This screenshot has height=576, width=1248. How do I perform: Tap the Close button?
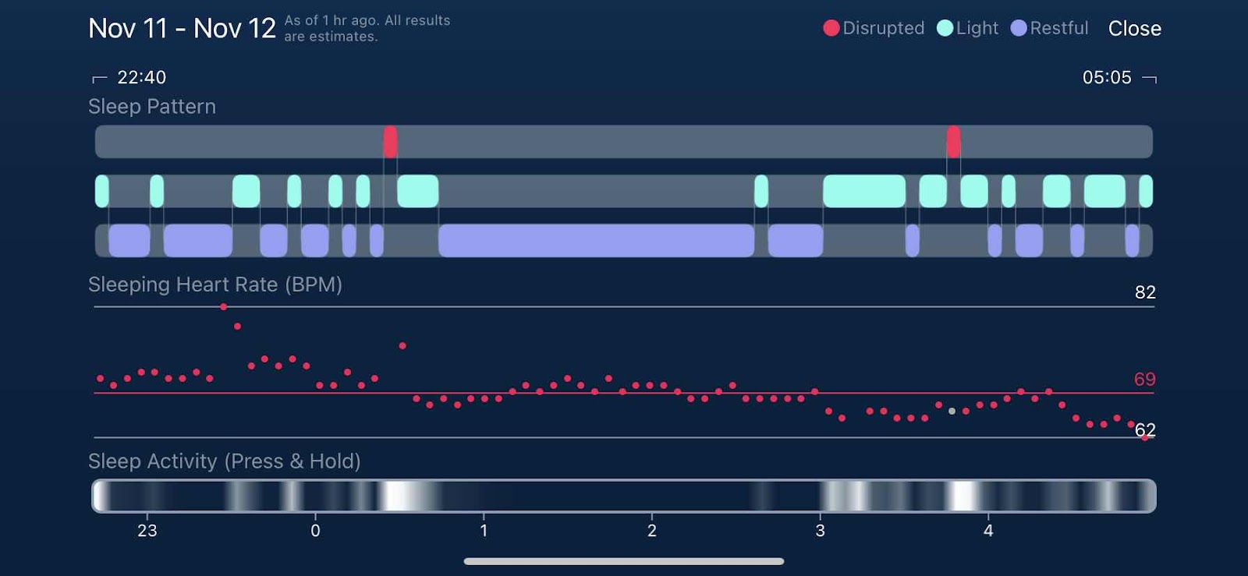(x=1134, y=29)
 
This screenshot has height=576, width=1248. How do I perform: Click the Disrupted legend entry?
(x=874, y=28)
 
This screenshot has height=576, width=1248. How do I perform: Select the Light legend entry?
(x=967, y=28)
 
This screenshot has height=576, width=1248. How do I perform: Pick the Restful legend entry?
(x=1049, y=28)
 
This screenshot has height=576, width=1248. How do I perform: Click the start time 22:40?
(x=141, y=77)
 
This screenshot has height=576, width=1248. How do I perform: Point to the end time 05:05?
(x=1106, y=77)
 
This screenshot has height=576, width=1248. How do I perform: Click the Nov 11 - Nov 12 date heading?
(x=182, y=29)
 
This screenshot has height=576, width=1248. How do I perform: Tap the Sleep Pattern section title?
(x=152, y=106)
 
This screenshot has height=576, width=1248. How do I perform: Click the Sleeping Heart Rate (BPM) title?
(x=215, y=284)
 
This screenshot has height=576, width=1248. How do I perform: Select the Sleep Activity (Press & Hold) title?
(x=225, y=461)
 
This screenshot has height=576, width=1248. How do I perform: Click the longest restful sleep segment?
(x=596, y=241)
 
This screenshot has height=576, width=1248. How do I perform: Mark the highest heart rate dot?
(x=224, y=307)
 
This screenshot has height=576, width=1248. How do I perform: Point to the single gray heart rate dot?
(x=952, y=411)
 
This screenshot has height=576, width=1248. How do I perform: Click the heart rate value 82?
(x=1144, y=292)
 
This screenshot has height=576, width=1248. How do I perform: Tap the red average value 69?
(x=1144, y=380)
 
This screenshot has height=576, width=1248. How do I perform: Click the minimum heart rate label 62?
(x=1145, y=429)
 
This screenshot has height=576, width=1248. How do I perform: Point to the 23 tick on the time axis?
(x=147, y=531)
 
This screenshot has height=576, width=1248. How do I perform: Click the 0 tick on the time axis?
(x=315, y=531)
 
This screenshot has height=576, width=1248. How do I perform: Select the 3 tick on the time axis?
(x=820, y=531)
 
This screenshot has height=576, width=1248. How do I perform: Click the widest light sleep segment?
(x=864, y=191)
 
